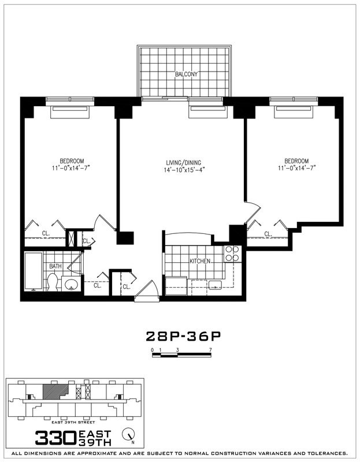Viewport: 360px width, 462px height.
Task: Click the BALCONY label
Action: click(186, 74)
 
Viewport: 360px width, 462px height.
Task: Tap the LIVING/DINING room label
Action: click(184, 162)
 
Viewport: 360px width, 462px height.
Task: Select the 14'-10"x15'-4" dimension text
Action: click(184, 170)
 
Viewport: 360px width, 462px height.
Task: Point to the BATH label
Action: click(55, 266)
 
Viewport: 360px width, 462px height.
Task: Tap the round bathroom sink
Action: click(72, 284)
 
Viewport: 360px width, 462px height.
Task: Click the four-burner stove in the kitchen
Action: click(232, 254)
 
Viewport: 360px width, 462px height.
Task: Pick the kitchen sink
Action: click(215, 285)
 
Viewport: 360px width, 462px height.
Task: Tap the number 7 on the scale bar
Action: click(211, 351)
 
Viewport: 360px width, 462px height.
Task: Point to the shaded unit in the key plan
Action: click(53, 390)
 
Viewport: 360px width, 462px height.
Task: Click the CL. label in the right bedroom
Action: click(268, 234)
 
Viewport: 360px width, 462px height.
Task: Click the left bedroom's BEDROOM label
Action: click(72, 161)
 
